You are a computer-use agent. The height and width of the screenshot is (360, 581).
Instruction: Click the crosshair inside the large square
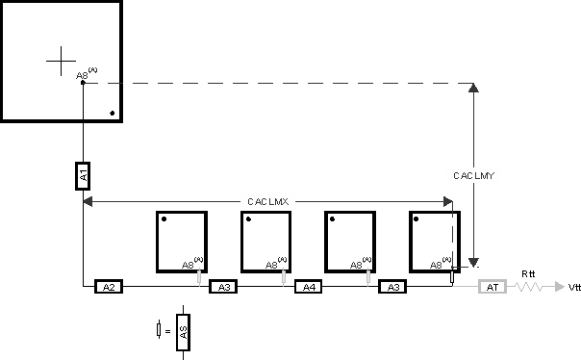pyautogui.click(x=61, y=61)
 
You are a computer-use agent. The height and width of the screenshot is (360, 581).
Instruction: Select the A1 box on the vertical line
pyautogui.click(x=84, y=175)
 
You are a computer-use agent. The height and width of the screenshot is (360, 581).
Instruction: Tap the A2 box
pyautogui.click(x=109, y=287)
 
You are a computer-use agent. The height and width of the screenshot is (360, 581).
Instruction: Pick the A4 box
pyautogui.click(x=308, y=287)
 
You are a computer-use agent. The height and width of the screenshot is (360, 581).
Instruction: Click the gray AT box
pyautogui.click(x=492, y=287)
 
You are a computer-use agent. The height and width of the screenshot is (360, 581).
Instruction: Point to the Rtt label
pyautogui.click(x=526, y=273)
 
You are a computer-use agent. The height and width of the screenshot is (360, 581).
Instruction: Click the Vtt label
pyautogui.click(x=574, y=287)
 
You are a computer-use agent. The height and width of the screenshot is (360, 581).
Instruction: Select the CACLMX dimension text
pyautogui.click(x=268, y=201)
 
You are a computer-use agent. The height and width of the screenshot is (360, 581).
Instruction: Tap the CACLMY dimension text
pyautogui.click(x=473, y=175)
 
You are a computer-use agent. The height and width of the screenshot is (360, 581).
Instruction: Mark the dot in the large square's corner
pyautogui.click(x=113, y=114)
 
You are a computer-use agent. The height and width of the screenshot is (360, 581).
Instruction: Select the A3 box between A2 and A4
pyautogui.click(x=223, y=287)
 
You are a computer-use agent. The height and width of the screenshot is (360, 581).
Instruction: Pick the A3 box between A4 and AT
pyautogui.click(x=392, y=287)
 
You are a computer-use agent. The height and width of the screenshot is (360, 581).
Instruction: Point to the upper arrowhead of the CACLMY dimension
pyautogui.click(x=473, y=88)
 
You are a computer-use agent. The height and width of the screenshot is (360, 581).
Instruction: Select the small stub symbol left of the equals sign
pyautogui.click(x=158, y=330)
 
